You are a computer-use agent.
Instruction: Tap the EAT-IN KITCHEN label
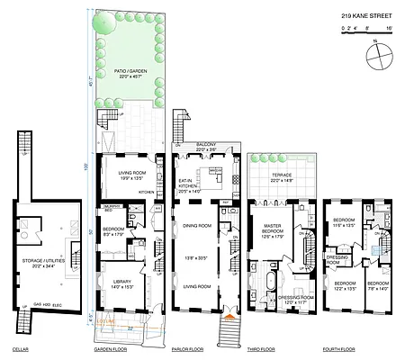pos(191,185)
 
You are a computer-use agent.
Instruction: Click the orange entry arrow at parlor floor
pos(232,315)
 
